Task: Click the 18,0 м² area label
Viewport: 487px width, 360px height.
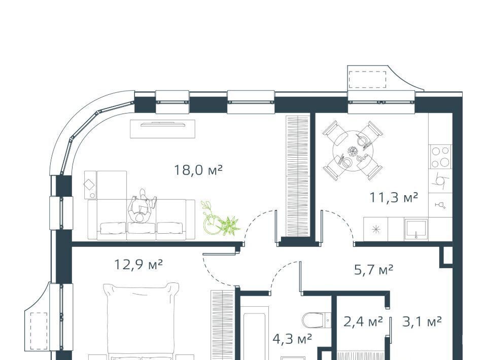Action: [198, 170]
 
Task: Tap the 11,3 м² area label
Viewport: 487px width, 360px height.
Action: [394, 197]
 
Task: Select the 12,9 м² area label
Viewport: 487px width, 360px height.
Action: [138, 265]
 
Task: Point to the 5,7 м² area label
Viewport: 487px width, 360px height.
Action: [374, 270]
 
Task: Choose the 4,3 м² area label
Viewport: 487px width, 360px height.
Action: [292, 339]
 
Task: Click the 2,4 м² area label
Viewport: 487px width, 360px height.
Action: [363, 322]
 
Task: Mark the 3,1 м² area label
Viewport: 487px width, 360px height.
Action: [422, 322]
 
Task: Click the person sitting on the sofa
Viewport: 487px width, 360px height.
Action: [142, 206]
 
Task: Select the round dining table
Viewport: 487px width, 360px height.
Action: [353, 151]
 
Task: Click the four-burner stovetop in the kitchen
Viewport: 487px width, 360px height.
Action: [440, 157]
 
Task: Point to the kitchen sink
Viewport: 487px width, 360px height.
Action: [416, 229]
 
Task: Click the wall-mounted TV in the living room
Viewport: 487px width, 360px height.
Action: [163, 124]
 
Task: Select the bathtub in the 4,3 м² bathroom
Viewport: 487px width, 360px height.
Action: [256, 333]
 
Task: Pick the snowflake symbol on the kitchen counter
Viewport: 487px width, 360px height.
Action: [376, 229]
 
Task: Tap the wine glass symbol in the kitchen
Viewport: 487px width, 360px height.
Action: [440, 205]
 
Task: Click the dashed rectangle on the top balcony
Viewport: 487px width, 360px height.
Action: [367, 80]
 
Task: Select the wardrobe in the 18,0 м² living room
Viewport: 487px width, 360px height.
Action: [298, 176]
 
